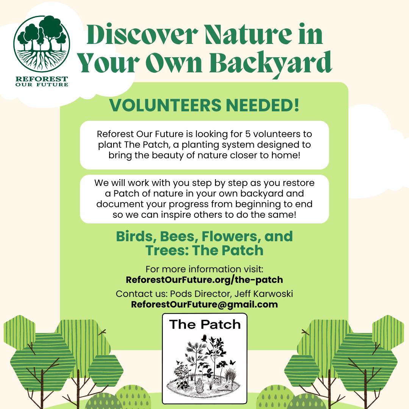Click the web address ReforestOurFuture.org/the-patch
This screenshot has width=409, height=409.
204,280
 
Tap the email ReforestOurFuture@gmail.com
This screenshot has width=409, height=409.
204,304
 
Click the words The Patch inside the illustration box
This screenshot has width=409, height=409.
204,325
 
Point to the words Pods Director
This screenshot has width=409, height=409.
195,294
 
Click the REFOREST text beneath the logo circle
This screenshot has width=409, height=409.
41,79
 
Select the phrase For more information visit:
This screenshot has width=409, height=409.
204,269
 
